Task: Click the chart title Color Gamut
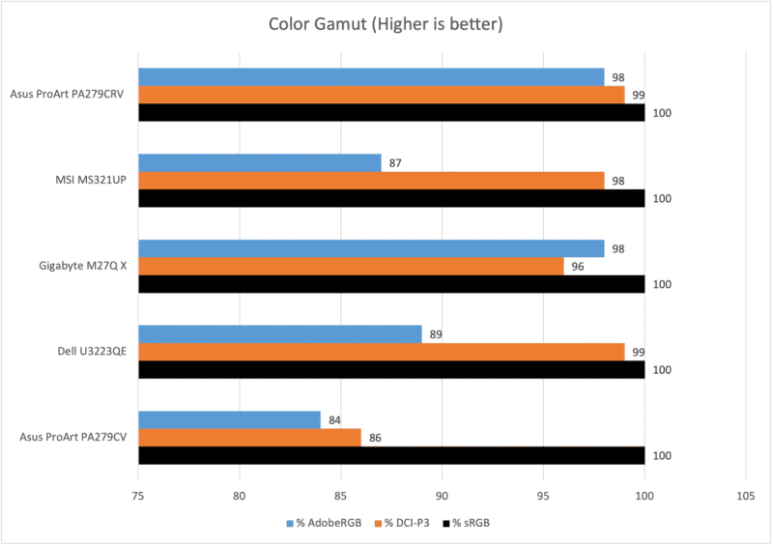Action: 386,23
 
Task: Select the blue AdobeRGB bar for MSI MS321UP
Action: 260,162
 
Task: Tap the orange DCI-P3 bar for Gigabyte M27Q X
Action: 351,267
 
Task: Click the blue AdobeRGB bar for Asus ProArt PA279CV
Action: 229,419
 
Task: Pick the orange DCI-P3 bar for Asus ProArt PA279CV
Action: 249,438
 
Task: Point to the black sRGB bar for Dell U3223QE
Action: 391,370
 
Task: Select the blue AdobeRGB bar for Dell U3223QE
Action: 280,334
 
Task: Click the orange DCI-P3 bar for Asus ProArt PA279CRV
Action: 382,95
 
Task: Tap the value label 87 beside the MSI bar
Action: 395,162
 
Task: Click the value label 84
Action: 334,419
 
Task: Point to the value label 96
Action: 578,267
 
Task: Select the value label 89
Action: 436,334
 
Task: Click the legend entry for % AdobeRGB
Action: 324,523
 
